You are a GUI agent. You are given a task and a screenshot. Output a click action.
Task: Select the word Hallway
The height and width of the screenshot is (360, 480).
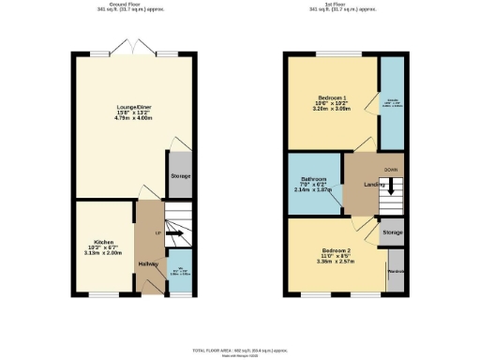(x=147, y=265)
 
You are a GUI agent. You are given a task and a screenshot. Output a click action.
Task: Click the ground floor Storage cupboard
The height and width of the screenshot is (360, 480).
(x=180, y=176)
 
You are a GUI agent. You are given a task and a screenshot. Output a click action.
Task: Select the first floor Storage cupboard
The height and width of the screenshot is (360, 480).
(x=392, y=232)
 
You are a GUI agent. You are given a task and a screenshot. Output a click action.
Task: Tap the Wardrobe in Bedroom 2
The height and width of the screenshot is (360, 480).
(x=395, y=271)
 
